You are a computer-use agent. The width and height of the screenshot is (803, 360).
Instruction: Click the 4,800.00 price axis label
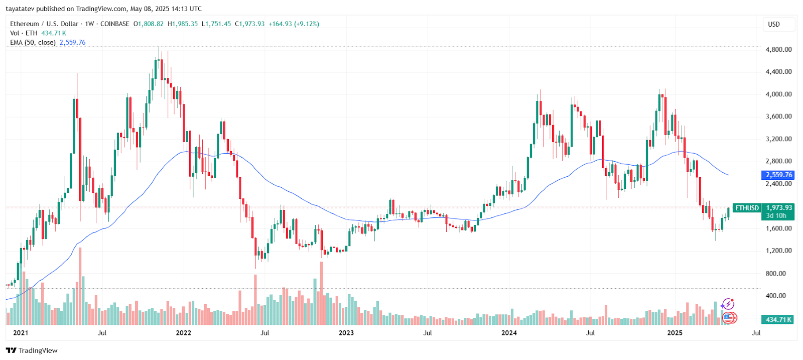tap(778, 50)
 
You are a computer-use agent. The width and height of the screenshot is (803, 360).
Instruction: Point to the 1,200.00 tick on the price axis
tap(778, 251)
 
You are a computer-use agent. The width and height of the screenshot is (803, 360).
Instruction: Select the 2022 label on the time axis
tap(183, 333)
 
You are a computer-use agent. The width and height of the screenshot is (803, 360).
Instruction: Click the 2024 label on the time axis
tap(509, 333)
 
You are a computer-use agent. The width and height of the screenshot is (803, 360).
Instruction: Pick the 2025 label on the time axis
tap(675, 333)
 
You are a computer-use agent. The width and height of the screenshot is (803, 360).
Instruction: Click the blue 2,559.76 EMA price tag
tap(778, 175)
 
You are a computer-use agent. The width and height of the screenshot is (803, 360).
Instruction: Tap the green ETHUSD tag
tap(747, 208)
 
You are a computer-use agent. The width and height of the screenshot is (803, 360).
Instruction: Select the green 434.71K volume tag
tap(778, 319)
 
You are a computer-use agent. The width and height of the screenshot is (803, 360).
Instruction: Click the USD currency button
tap(774, 24)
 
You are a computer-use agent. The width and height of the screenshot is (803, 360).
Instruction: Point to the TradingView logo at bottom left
tap(32, 350)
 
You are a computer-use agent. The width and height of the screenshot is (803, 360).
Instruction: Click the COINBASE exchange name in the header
tap(115, 24)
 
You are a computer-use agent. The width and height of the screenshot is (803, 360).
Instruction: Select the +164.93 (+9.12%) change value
tap(294, 24)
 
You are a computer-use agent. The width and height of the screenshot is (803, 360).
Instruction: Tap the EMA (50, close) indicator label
tap(33, 43)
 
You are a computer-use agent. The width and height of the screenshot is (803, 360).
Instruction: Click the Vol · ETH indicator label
tap(24, 33)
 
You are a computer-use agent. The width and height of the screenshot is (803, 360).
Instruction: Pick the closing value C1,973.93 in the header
tap(249, 24)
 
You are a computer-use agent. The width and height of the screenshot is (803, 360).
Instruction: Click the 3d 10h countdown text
tap(776, 216)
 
